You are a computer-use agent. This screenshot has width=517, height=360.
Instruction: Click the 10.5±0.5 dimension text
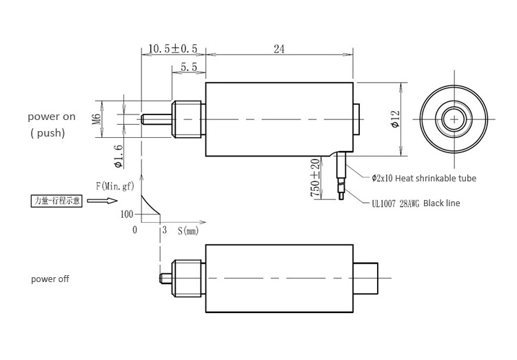(173, 49)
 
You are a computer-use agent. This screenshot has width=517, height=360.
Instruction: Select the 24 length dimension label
(279, 49)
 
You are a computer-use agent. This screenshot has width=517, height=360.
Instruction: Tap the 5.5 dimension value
(189, 68)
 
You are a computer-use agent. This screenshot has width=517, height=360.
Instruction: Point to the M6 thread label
(96, 119)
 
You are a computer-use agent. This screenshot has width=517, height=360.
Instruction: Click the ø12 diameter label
(395, 119)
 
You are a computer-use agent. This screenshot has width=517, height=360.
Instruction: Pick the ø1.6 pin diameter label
(119, 157)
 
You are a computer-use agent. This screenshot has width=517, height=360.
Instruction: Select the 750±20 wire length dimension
(315, 178)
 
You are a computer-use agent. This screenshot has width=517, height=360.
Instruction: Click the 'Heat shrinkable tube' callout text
(424, 179)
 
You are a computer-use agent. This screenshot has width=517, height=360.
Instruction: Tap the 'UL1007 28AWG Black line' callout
(416, 203)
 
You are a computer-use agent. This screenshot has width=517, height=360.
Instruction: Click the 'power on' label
(52, 117)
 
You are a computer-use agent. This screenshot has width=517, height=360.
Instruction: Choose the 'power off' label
(50, 279)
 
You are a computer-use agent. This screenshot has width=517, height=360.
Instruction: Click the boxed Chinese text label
(57, 201)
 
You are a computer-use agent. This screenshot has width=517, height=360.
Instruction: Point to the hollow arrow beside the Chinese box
(102, 200)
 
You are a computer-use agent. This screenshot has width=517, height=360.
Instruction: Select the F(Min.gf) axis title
(115, 186)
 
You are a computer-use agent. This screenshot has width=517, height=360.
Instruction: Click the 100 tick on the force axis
(127, 214)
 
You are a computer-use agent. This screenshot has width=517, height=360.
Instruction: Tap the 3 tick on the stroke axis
(165, 230)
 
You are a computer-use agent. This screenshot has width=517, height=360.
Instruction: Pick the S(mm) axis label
(188, 230)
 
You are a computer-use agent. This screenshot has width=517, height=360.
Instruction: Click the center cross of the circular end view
(454, 119)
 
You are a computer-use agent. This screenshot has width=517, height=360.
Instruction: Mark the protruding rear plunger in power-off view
(365, 278)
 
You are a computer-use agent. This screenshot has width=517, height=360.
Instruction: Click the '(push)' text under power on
(48, 133)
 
